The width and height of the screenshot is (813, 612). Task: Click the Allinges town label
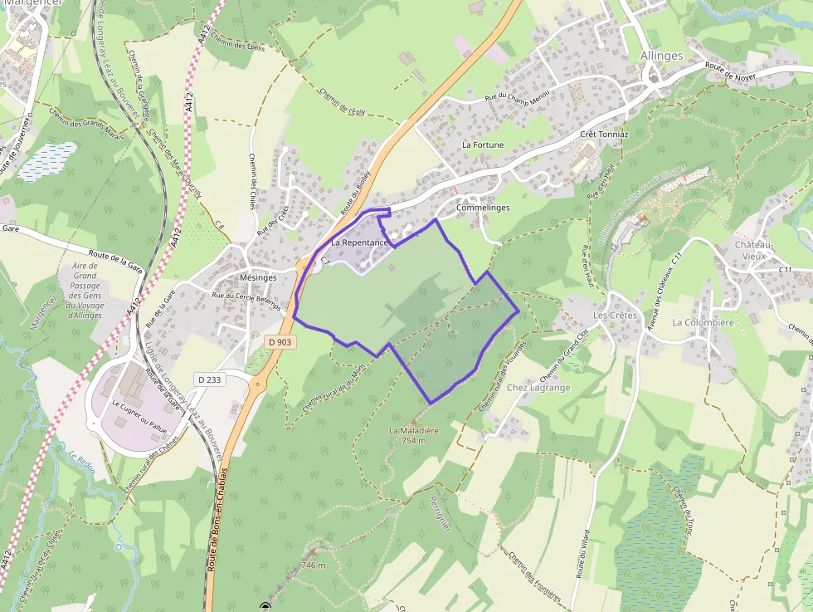click(x=662, y=56)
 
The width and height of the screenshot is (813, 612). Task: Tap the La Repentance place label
click(x=359, y=242)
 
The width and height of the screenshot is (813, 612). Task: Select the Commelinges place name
click(x=483, y=208)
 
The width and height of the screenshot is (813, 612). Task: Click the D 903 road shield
click(x=280, y=341)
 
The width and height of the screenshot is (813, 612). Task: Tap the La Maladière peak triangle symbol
click(x=414, y=422)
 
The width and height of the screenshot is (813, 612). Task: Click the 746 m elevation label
click(x=313, y=565)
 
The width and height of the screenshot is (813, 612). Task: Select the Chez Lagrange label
click(x=538, y=388)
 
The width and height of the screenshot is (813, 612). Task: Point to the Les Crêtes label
click(x=615, y=316)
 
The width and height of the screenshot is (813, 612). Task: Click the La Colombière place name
click(x=703, y=322)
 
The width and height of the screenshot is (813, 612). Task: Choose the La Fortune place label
click(x=483, y=144)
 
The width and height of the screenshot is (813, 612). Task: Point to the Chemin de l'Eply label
click(x=341, y=102)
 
